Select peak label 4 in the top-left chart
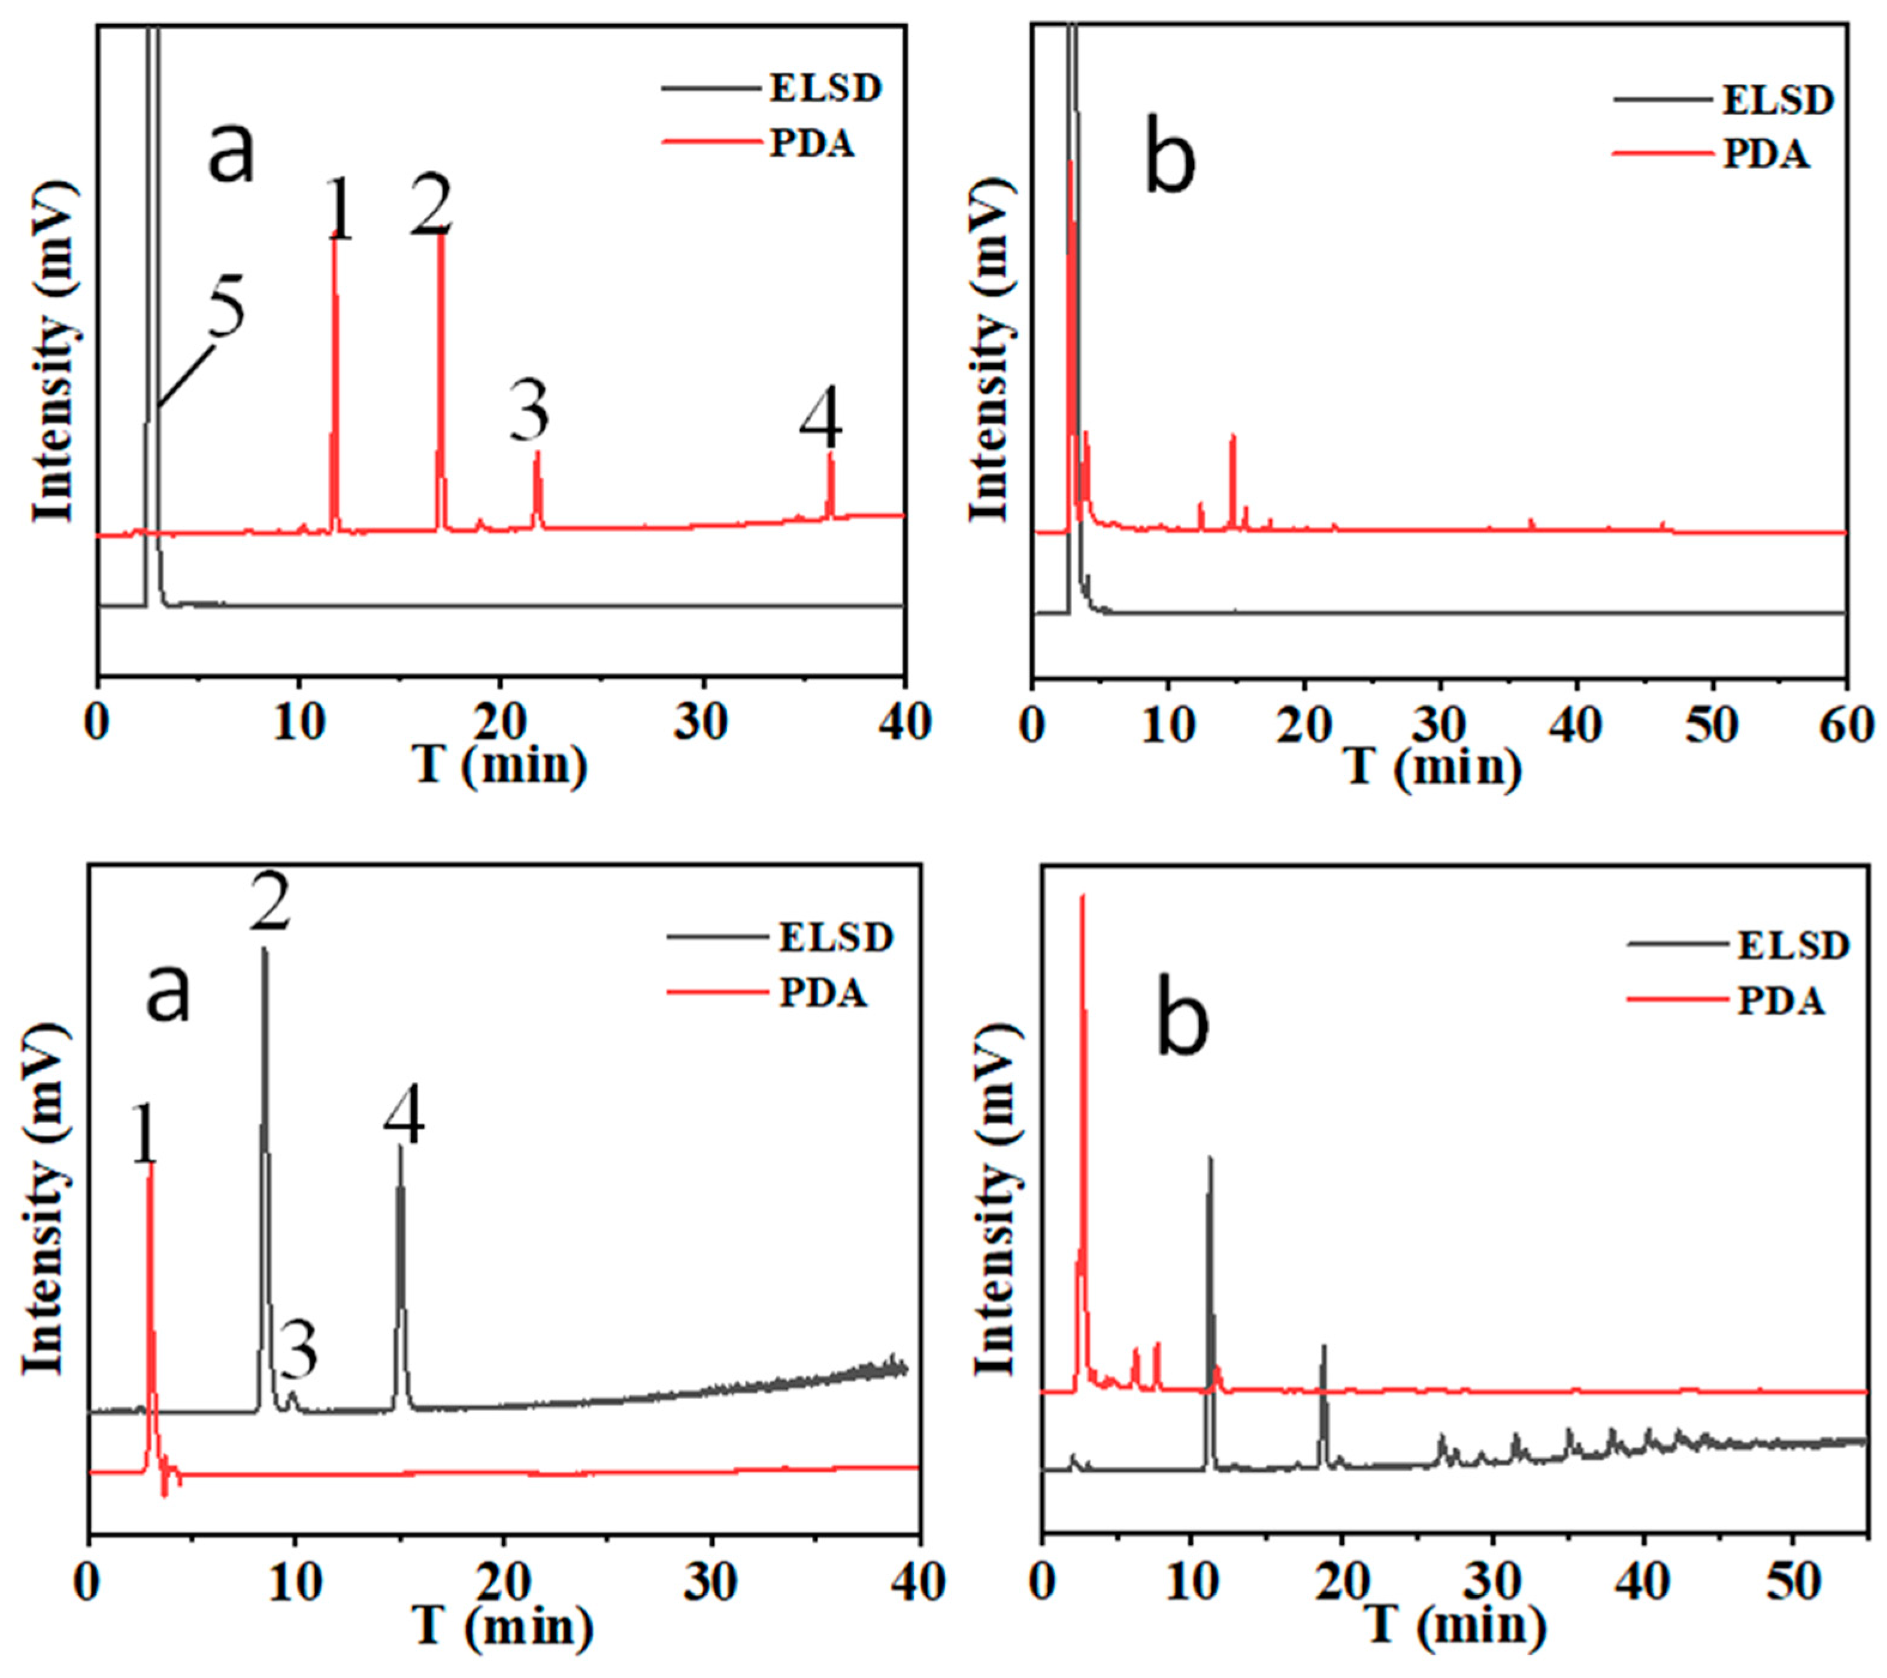pyautogui.click(x=820, y=425)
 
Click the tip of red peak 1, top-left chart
pyautogui.click(x=334, y=242)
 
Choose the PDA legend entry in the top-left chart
pyautogui.click(x=813, y=144)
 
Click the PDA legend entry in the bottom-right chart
pyautogui.click(x=1781, y=1001)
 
